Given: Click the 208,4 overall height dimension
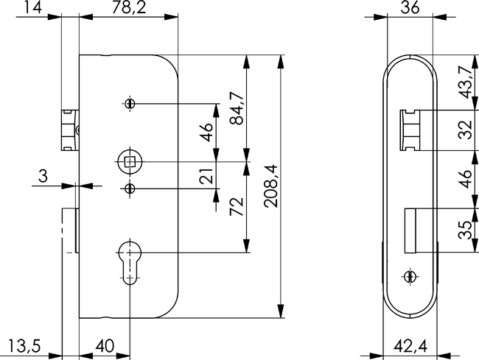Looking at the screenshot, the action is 272,186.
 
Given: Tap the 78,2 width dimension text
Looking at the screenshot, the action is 129,7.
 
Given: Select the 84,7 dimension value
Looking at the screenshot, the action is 237,108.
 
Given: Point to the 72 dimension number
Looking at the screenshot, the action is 237,206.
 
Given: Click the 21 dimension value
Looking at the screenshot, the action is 206,176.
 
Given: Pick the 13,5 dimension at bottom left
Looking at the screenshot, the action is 24,346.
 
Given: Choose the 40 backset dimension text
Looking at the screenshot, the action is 105,346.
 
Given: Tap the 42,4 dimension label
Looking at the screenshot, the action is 410,346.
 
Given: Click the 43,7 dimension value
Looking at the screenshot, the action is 466,82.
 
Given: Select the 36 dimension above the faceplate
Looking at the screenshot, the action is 410,7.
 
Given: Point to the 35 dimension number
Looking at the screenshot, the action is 466,230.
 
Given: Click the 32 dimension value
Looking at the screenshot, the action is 466,130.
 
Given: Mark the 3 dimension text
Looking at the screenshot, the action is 43,176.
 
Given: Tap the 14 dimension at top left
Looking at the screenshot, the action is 32,7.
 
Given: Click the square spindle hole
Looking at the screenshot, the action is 130,161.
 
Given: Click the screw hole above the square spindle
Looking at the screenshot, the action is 130,103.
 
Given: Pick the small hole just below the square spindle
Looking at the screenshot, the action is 130,189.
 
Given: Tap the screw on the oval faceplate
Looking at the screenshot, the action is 409,276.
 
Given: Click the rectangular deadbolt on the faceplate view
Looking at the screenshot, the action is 410,226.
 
